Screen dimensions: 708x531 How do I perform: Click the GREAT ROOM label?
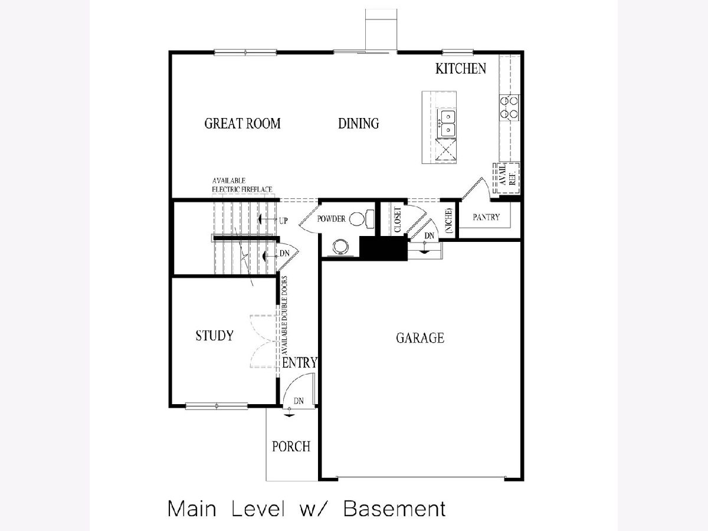242,123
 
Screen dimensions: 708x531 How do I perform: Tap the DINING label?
358,123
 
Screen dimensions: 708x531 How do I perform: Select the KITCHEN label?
461,68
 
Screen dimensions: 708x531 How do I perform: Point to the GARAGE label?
420,338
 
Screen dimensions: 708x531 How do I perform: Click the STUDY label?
215,336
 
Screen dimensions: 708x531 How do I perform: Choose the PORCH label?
291,447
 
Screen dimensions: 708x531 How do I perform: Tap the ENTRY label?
300,362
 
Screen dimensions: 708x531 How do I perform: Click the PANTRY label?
486,217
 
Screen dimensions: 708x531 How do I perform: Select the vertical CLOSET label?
398,219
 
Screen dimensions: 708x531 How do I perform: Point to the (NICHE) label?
448,221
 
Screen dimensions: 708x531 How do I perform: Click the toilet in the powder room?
361,219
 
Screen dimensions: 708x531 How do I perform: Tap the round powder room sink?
340,247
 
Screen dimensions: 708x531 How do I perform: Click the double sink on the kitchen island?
447,123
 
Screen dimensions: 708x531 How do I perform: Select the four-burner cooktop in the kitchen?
509,108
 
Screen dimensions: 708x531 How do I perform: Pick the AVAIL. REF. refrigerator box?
506,178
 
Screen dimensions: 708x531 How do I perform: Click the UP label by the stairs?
283,221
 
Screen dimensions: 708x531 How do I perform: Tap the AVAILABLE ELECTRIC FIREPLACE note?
242,185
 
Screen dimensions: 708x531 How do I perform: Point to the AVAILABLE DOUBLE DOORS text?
284,316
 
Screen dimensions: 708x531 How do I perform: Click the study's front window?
217,406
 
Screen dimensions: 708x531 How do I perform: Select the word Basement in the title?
395,509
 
